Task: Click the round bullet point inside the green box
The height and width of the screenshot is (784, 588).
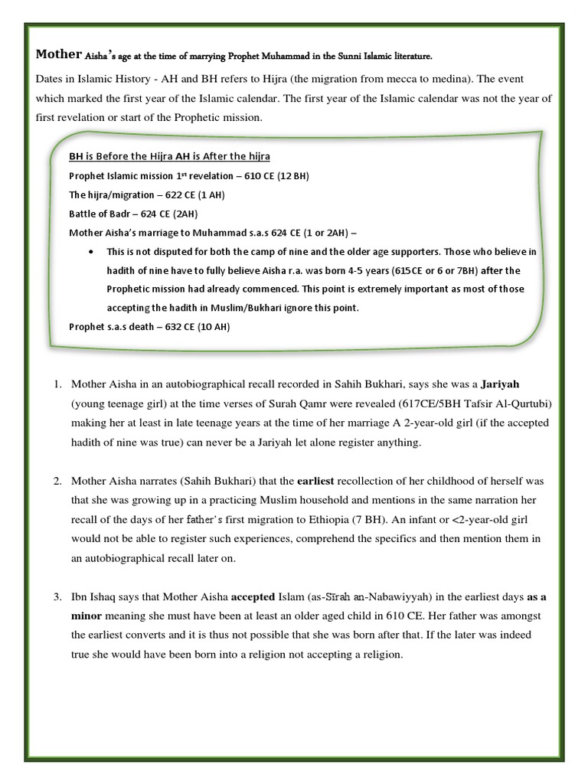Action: click(93, 251)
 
